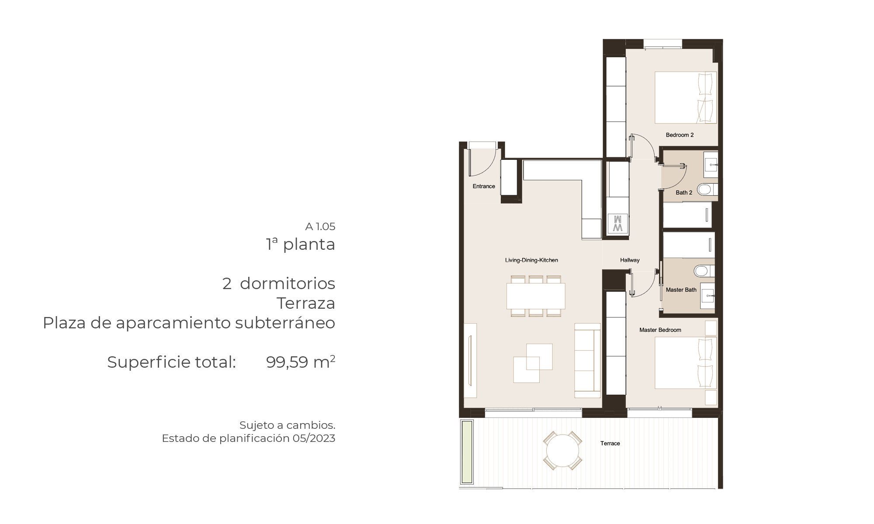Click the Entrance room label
(484, 186)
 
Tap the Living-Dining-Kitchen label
(531, 260)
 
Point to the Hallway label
(630, 260)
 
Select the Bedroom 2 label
(680, 135)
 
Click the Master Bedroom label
(660, 330)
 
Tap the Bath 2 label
(684, 193)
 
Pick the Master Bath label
(681, 290)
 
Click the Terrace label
(610, 444)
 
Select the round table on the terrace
(562, 451)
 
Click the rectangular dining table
(536, 296)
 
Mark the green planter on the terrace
(467, 452)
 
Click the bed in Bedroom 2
(686, 97)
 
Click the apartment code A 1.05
(320, 227)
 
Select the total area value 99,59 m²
(301, 362)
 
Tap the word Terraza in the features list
(306, 303)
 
